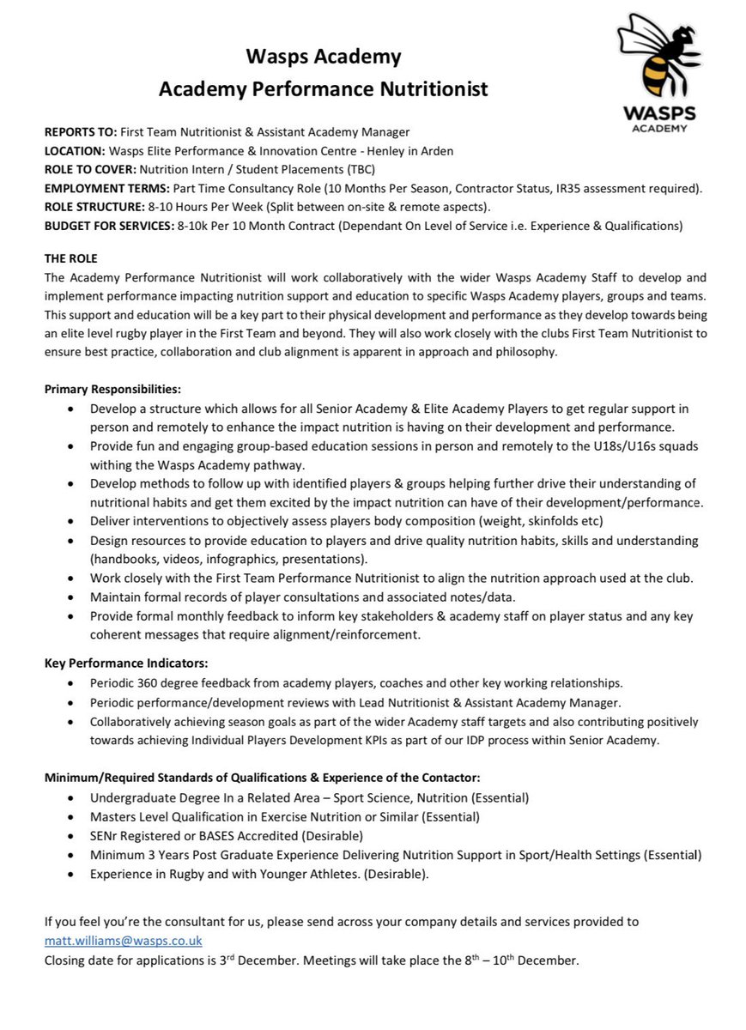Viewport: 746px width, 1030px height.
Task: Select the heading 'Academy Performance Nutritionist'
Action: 324,88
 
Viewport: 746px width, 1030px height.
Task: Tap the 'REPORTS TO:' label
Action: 80,131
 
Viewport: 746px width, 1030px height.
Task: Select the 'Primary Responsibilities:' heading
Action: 112,389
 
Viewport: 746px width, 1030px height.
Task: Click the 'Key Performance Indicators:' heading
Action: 126,663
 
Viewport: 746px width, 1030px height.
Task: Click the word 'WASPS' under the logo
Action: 659,113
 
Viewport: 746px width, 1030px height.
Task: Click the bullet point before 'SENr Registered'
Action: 70,836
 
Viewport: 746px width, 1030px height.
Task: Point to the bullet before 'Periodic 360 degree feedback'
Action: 70,683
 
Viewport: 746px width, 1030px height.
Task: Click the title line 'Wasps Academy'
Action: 324,58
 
